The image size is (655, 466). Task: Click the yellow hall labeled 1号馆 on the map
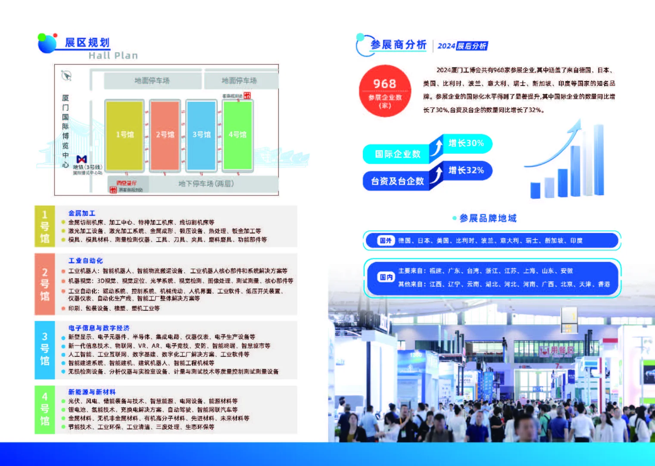coord(124,135)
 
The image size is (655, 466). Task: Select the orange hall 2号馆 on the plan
coord(165,135)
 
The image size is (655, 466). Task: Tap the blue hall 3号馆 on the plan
coord(201,135)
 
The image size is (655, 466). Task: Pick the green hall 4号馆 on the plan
coord(237,135)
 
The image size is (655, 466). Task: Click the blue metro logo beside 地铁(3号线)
coord(81,160)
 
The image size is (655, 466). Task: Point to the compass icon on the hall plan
coord(66,76)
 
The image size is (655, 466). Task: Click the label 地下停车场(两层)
coord(206,184)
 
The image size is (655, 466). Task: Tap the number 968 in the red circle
coord(384,84)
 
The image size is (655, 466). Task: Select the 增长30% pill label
coord(466,143)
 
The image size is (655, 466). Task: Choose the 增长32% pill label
coord(466,170)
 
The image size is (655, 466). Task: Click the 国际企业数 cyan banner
coord(397,154)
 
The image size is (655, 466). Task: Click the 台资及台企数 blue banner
coord(397,181)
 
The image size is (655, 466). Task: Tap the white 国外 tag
coord(386,241)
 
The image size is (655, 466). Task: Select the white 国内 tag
coord(386,277)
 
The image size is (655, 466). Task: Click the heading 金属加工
coord(82,213)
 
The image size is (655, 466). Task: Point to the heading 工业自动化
coord(86,261)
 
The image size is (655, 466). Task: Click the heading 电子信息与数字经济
coord(99,328)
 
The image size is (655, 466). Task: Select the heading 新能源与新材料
coord(92,392)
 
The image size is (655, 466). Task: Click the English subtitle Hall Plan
coord(113,56)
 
